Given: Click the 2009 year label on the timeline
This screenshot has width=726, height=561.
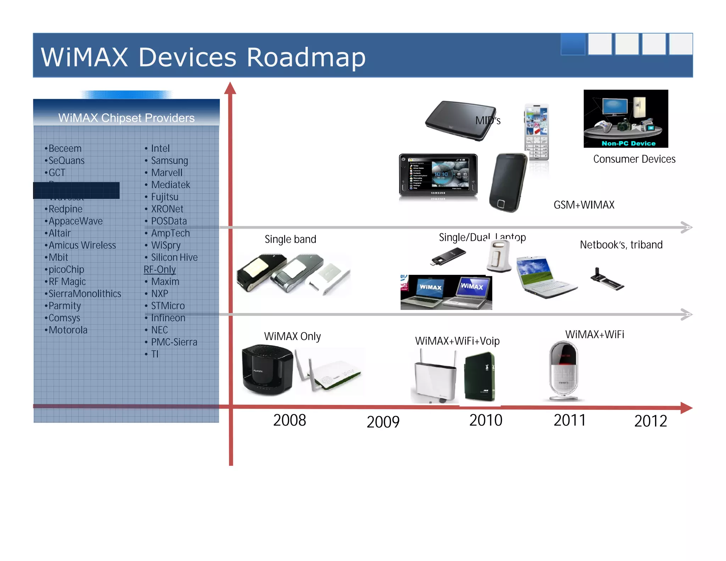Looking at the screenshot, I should (x=383, y=422).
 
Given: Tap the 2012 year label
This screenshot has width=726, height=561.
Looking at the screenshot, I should (x=650, y=421).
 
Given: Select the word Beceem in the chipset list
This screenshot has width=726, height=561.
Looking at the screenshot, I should (x=65, y=148).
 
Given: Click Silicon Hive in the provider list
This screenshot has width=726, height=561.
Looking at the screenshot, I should (x=174, y=257).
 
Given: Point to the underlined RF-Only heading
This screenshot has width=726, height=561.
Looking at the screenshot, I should (x=160, y=270).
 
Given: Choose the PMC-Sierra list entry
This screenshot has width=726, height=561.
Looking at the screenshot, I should (x=174, y=342).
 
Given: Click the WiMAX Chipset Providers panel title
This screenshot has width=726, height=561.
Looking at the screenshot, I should (x=126, y=118).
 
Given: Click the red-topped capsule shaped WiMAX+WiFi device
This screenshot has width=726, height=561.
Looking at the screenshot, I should (x=564, y=371).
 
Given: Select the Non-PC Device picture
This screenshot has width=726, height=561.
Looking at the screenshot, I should (x=626, y=118).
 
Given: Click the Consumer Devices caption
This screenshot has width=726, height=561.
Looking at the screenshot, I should (x=634, y=159).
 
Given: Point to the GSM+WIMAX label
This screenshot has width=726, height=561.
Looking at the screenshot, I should (x=584, y=205).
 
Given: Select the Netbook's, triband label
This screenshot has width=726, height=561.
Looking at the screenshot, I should (x=621, y=245).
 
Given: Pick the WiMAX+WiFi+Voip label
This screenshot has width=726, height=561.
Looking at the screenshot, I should (x=457, y=341).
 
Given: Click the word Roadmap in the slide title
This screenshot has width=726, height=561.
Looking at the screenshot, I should (x=306, y=57).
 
